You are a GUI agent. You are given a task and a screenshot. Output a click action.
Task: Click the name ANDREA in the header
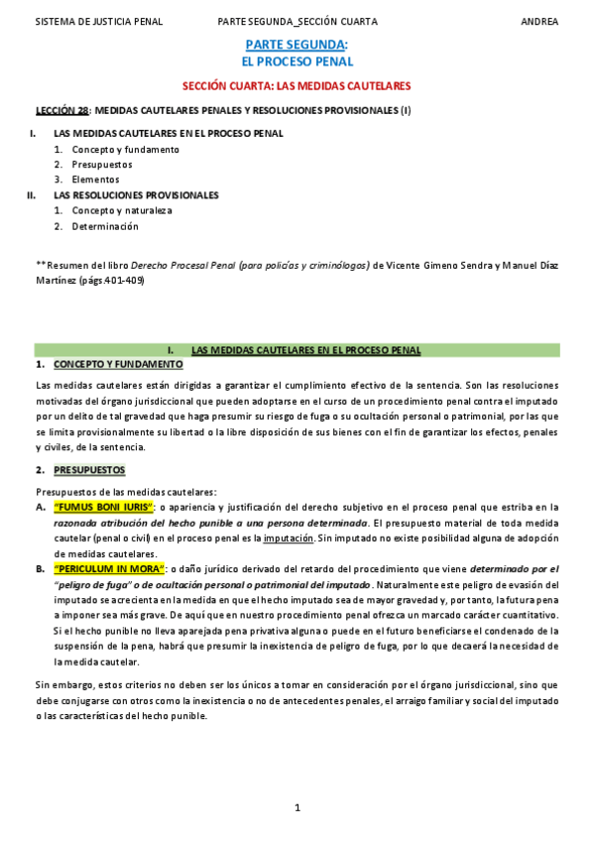pyautogui.click(x=539, y=21)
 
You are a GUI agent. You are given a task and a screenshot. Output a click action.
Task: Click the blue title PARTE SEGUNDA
pyautogui.click(x=296, y=45)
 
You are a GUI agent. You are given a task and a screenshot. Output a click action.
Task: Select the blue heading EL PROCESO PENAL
pyautogui.click(x=297, y=61)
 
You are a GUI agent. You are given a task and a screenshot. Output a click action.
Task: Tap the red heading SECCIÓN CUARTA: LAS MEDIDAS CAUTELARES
pyautogui.click(x=297, y=86)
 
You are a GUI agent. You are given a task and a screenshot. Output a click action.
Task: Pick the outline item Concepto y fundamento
pyautogui.click(x=125, y=149)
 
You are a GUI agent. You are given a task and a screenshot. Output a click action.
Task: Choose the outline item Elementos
pyautogui.click(x=95, y=180)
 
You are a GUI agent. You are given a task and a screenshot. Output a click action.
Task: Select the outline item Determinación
pyautogui.click(x=105, y=226)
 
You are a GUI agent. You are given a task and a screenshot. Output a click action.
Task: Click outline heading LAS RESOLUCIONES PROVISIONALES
pyautogui.click(x=136, y=195)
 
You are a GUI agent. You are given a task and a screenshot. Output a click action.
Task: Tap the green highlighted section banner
pyautogui.click(x=297, y=350)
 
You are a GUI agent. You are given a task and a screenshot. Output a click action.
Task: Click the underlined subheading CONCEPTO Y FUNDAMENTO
pyautogui.click(x=118, y=365)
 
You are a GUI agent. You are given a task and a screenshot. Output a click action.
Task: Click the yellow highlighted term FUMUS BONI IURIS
pyautogui.click(x=110, y=507)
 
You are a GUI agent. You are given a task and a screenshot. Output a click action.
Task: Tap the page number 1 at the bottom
pyautogui.click(x=297, y=808)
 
